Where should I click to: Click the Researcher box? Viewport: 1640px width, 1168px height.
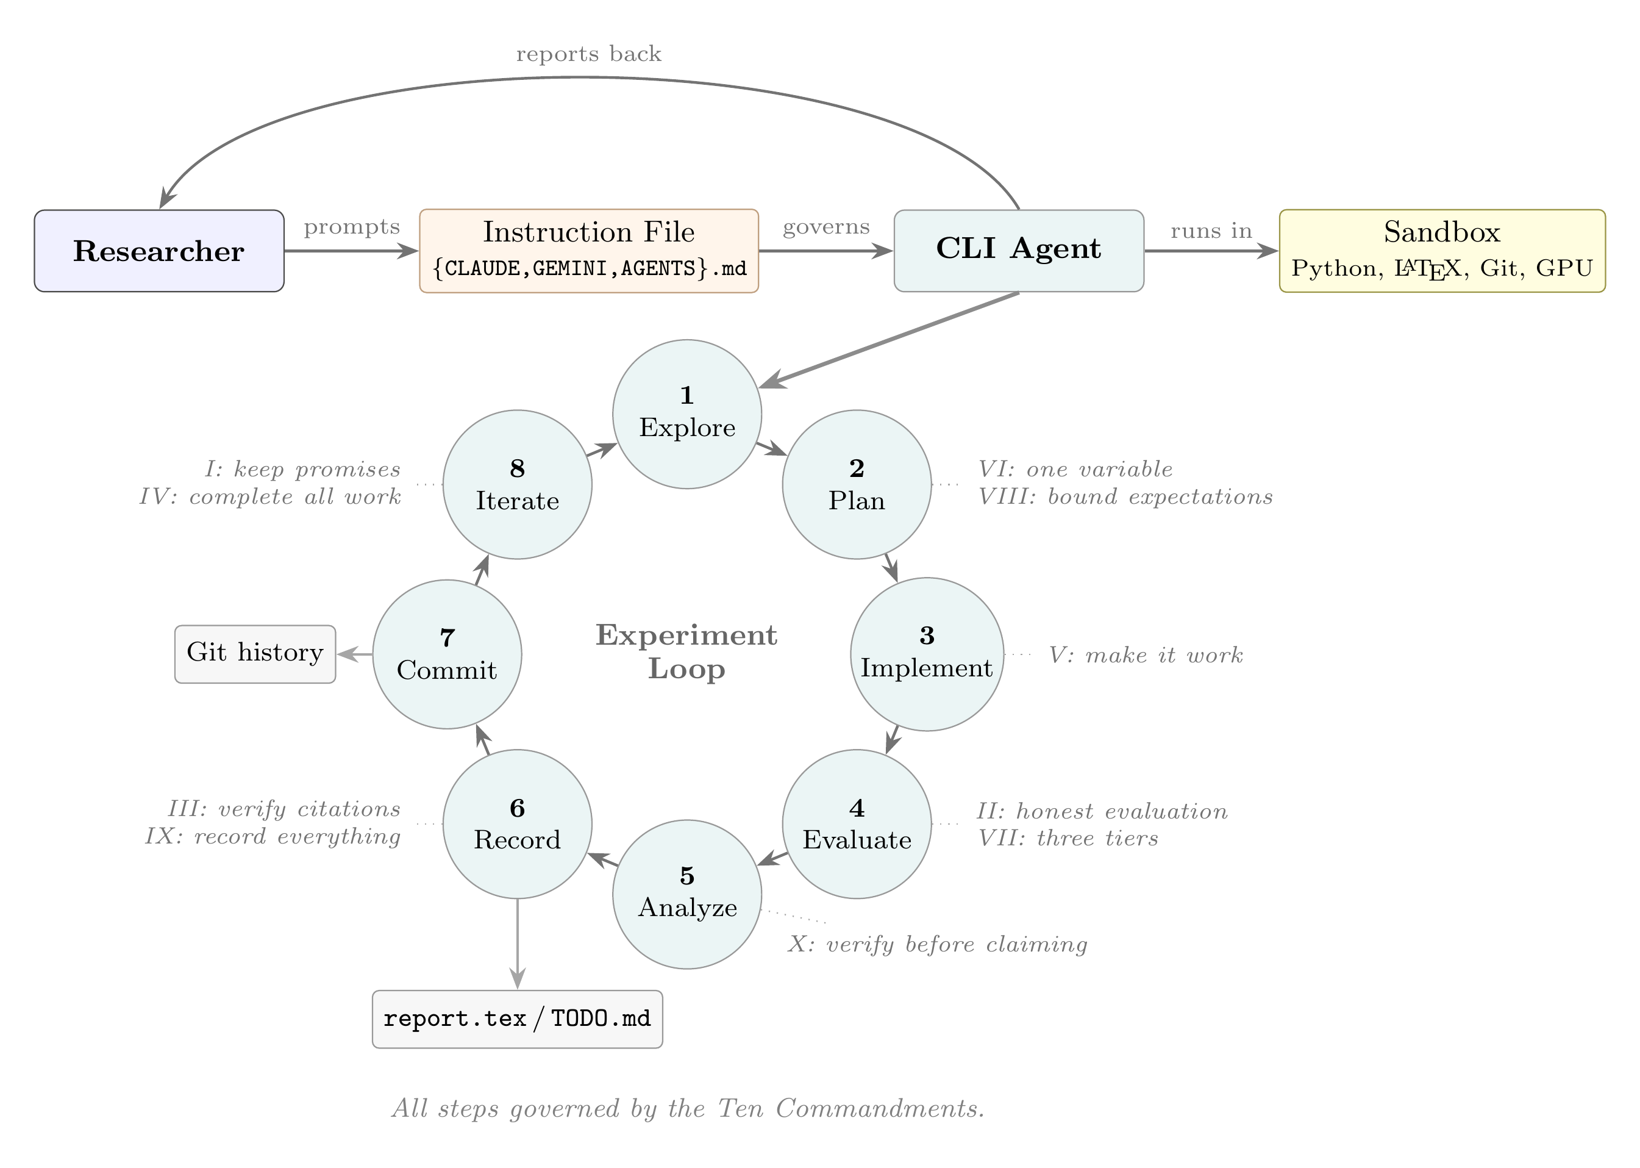[x=159, y=251]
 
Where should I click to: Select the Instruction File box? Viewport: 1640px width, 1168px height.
[x=588, y=251]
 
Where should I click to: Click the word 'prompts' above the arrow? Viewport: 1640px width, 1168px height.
[x=352, y=228]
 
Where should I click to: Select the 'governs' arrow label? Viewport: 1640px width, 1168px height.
[x=825, y=228]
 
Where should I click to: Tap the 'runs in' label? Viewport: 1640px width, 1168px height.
[x=1211, y=231]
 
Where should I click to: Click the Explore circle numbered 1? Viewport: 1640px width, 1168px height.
[x=686, y=414]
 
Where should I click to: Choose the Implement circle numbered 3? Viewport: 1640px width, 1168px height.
[x=926, y=654]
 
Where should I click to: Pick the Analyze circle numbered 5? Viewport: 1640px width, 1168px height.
[x=686, y=894]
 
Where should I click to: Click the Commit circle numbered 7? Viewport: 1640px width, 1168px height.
[x=446, y=654]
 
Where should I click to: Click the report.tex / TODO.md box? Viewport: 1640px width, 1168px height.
[x=517, y=1019]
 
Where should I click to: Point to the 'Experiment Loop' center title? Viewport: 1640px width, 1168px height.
[x=686, y=651]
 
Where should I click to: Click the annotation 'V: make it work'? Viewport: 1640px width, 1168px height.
[x=1146, y=655]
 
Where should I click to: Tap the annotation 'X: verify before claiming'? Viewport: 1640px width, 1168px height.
[x=937, y=944]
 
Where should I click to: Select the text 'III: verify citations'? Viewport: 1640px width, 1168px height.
[x=284, y=809]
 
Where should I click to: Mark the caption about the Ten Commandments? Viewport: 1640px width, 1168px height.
[x=687, y=1108]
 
